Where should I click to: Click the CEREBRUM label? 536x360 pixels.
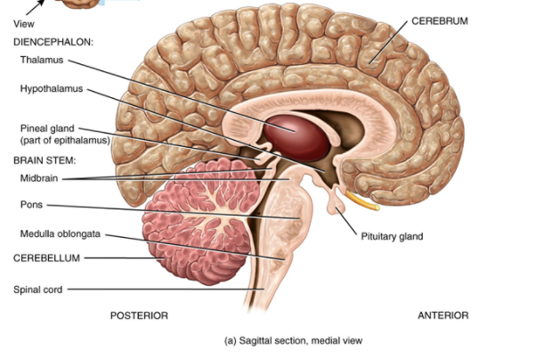point(439,20)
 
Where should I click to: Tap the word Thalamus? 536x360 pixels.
point(41,60)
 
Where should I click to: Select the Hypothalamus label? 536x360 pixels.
point(49,88)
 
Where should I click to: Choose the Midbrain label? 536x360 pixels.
point(38,178)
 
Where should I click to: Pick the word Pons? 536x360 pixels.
point(30,205)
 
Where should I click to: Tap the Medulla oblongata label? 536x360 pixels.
point(61,234)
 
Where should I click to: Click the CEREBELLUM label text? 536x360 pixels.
point(46,258)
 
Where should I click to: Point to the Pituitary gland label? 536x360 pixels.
point(392,237)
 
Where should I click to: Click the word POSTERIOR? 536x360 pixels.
point(139,315)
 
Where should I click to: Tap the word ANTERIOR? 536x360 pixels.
point(443,315)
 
